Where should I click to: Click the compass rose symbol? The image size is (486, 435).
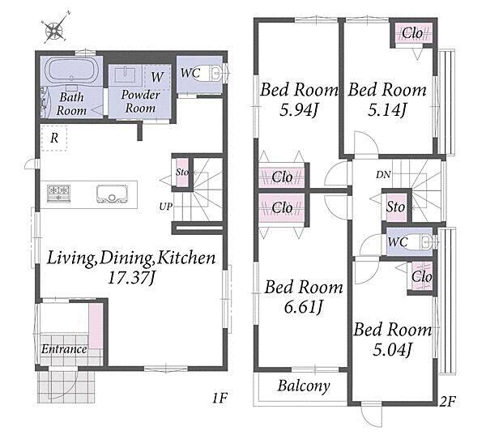tap(55, 29)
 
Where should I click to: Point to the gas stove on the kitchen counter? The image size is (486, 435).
tap(58, 193)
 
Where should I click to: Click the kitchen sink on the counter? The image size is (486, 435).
tap(112, 194)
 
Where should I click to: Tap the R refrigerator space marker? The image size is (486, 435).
tap(54, 138)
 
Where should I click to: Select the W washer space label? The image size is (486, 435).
tap(157, 77)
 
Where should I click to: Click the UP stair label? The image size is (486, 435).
tap(166, 207)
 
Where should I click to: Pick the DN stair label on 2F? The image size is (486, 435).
tap(383, 174)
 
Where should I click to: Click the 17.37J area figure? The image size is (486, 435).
tap(131, 278)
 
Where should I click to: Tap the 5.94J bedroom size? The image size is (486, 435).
tap(299, 109)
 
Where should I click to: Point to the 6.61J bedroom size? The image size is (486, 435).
tap(304, 307)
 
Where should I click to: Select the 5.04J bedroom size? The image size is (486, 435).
tap(392, 349)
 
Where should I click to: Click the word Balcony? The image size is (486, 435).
tap(304, 386)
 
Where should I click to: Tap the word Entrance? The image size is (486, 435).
tap(64, 349)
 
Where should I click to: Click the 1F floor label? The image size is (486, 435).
tap(220, 398)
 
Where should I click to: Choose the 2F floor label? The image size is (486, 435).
tap(448, 402)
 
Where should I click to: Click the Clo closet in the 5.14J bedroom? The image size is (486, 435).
tap(412, 32)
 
